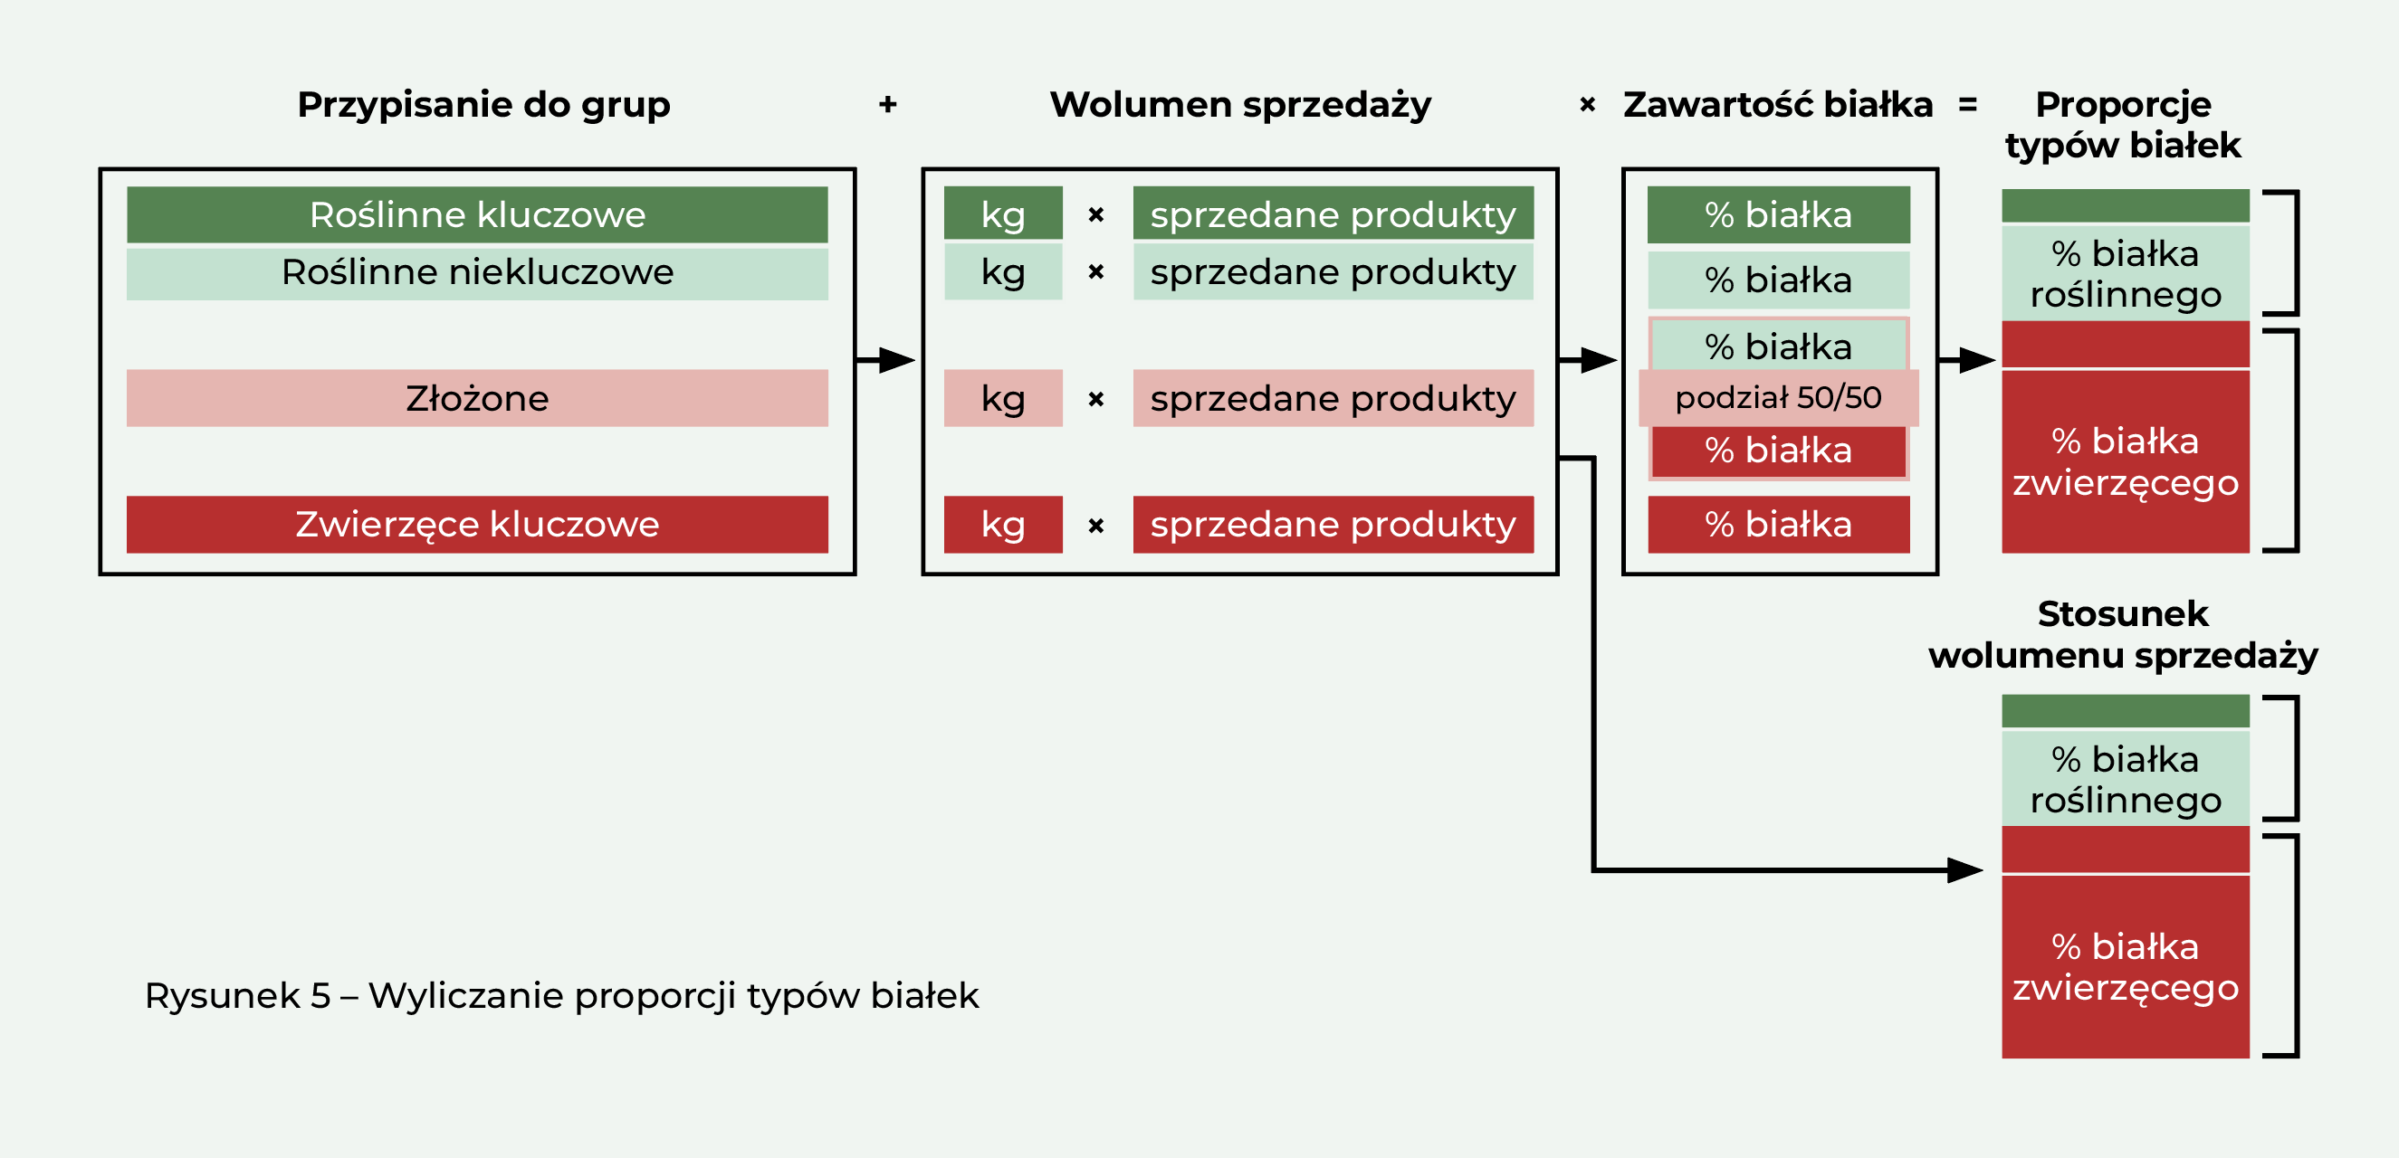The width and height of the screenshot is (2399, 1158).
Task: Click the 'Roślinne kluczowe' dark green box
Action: coord(477,214)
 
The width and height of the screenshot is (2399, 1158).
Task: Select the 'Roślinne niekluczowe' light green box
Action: coord(477,272)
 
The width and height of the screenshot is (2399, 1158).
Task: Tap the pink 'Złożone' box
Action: coord(477,398)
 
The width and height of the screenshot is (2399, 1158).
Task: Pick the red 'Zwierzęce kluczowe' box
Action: coord(477,524)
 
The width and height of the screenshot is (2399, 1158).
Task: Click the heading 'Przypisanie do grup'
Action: coord(483,105)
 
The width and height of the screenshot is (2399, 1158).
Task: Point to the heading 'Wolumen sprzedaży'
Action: coord(1240,105)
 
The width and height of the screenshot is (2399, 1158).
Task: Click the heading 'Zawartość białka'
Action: coord(1778,104)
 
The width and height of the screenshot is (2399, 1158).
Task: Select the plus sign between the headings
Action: coord(887,104)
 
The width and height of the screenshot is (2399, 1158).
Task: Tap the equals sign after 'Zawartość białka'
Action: coord(1968,104)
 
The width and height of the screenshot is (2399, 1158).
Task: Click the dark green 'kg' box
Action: coord(1003,214)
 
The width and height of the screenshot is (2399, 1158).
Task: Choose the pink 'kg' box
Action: coord(1003,398)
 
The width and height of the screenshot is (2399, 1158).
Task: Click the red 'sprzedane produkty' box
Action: coord(1333,524)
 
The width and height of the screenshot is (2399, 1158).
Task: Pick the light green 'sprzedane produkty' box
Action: coord(1333,271)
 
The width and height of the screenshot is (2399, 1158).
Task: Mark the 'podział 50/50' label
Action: coord(1779,397)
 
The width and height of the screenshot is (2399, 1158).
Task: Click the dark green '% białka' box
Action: coord(1779,215)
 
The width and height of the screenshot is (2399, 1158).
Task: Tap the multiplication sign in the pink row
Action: coord(1096,399)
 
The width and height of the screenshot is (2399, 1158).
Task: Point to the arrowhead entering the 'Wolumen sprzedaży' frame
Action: coord(897,359)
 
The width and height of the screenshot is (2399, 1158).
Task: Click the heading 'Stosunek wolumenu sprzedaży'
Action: coord(2123,634)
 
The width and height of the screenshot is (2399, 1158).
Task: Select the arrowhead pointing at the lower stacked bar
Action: coord(1965,870)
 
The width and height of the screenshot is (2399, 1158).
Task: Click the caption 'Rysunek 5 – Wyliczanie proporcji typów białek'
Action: coord(561,996)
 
